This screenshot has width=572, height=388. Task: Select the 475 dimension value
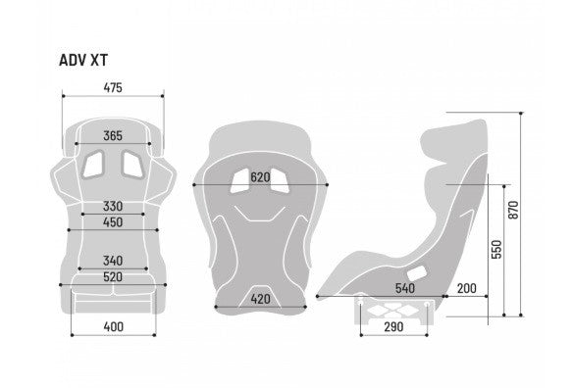(x=112, y=88)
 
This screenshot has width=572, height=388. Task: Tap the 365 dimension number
(x=113, y=136)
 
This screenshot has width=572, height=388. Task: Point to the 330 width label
(x=113, y=207)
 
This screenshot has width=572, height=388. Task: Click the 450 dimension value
(x=113, y=222)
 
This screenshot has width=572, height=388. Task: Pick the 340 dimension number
(x=113, y=261)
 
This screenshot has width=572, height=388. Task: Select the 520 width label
(x=113, y=278)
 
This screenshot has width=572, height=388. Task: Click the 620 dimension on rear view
(x=260, y=177)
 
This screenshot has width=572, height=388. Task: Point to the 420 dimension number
(x=260, y=299)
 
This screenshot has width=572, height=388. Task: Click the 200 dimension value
(x=466, y=289)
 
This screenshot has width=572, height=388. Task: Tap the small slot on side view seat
(x=416, y=271)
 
